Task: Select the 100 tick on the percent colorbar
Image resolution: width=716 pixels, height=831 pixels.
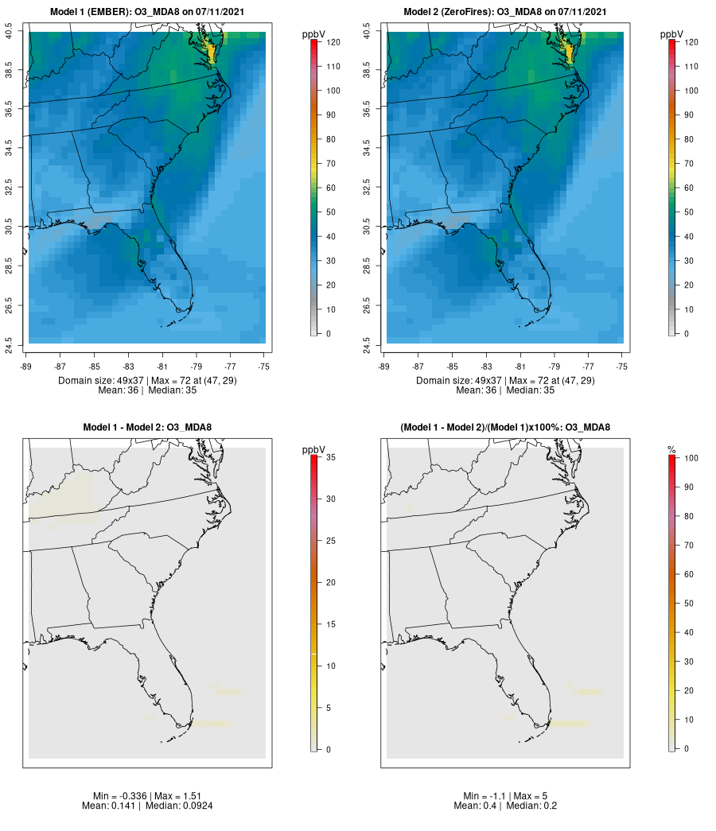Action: tap(691, 458)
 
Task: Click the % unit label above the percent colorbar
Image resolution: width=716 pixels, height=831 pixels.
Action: tap(671, 450)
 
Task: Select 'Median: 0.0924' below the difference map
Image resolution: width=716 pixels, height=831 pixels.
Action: tap(179, 806)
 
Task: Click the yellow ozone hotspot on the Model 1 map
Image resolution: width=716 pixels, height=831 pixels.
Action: tap(211, 49)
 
